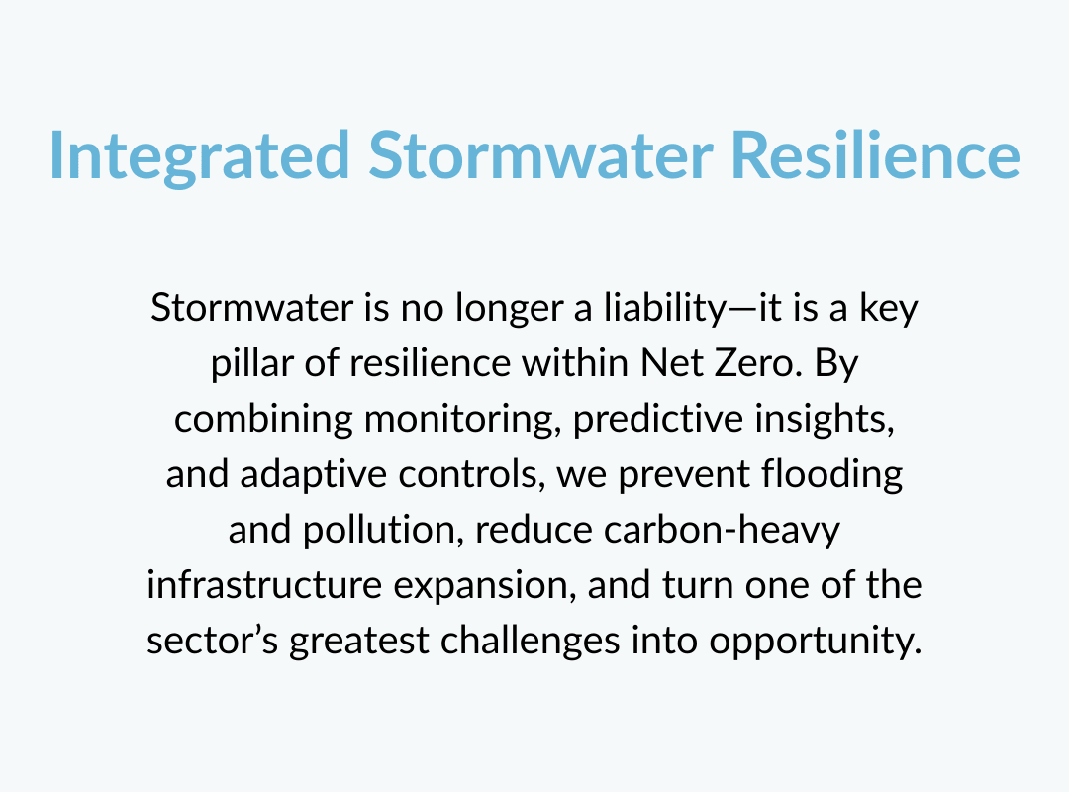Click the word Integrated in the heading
click(x=200, y=156)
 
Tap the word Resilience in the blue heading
click(x=875, y=154)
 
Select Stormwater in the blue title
click(x=541, y=154)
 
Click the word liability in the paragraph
click(x=666, y=308)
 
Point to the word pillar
click(x=251, y=363)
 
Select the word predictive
click(x=658, y=418)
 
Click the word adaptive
click(x=314, y=474)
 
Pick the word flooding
click(x=831, y=474)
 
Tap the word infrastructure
click(x=264, y=585)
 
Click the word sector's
click(x=213, y=641)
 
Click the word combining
click(x=263, y=418)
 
